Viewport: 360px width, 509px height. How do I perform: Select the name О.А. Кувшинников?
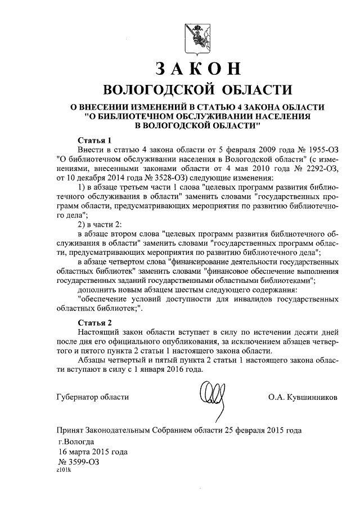pos(303,397)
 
